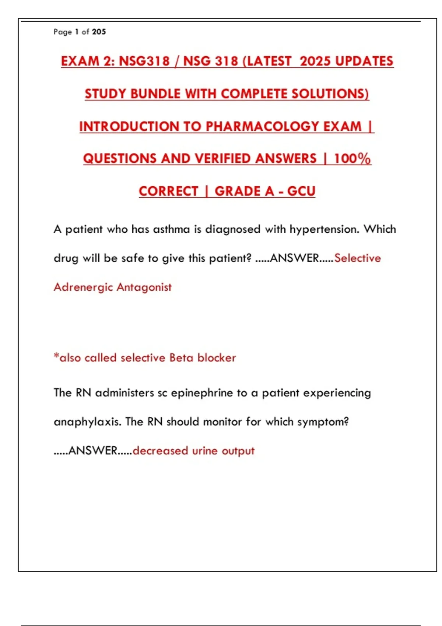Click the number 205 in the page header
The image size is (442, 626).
pos(99,32)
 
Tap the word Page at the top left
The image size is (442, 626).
pos(63,32)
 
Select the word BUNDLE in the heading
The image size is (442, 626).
pos(155,94)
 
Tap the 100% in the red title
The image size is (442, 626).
pos(352,159)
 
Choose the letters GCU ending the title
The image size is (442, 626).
pos(301,191)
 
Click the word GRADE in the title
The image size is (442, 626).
pos(244,191)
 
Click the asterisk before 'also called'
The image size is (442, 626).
pos(56,356)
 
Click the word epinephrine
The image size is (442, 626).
pos(202,393)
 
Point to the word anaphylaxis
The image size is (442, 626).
pos(87,422)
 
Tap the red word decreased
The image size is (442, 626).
pos(160,451)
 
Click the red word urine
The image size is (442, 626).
pos(205,451)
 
